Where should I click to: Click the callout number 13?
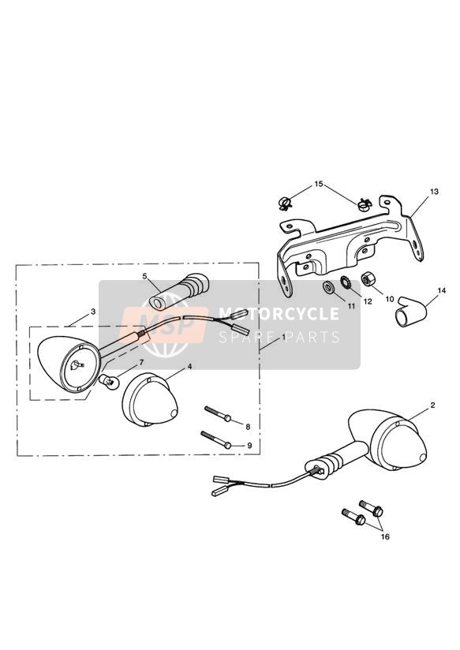pos(434,192)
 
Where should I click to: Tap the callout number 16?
pos(385,537)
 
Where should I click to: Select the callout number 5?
pos(144,275)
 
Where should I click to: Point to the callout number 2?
pos(432,405)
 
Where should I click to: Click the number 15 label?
pos(319,184)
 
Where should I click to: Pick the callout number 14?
pos(441,291)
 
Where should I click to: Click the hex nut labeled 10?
pos(368,279)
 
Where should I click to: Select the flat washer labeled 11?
pos(329,286)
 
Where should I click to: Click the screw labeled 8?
pos(217,413)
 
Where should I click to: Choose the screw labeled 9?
pos(215,439)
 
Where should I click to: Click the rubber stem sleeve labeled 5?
pos(179,291)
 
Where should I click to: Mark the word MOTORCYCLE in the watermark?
pos(279,314)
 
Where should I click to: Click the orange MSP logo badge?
pos(164,325)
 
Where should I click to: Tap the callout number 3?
pos(92,312)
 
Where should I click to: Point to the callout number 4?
pos(189,367)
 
